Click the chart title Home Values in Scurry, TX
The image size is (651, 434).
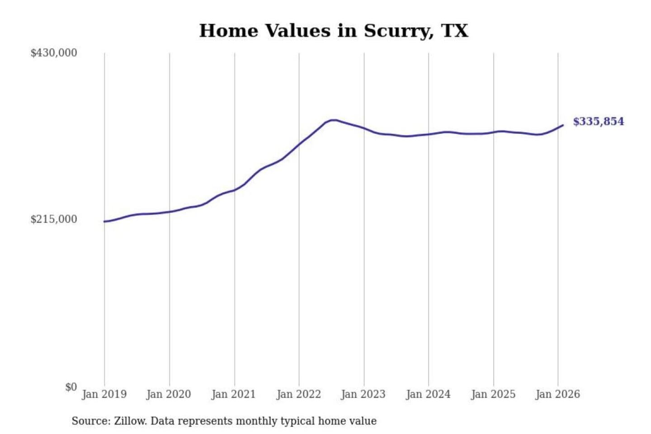pos(334,31)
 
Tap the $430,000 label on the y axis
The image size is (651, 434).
pos(53,53)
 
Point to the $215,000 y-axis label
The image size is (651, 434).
pos(53,219)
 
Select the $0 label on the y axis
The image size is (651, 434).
pos(71,387)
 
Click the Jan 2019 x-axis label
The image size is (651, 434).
pos(104,394)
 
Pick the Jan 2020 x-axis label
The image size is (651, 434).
pos(169,394)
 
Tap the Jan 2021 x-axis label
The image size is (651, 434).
pos(234,394)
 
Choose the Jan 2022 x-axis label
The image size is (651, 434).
pos(298,394)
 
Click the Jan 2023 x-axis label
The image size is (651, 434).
pos(363,394)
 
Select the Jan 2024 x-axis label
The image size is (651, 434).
pos(428,394)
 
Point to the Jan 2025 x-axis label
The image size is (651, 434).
pos(493,394)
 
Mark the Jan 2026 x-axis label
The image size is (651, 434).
pos(557,394)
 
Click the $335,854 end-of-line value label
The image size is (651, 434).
pos(598,122)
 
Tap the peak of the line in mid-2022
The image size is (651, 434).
pos(333,120)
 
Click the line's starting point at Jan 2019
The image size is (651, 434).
pos(104,222)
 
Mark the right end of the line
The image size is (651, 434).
pos(562,125)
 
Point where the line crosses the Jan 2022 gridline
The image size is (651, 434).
pos(299,145)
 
